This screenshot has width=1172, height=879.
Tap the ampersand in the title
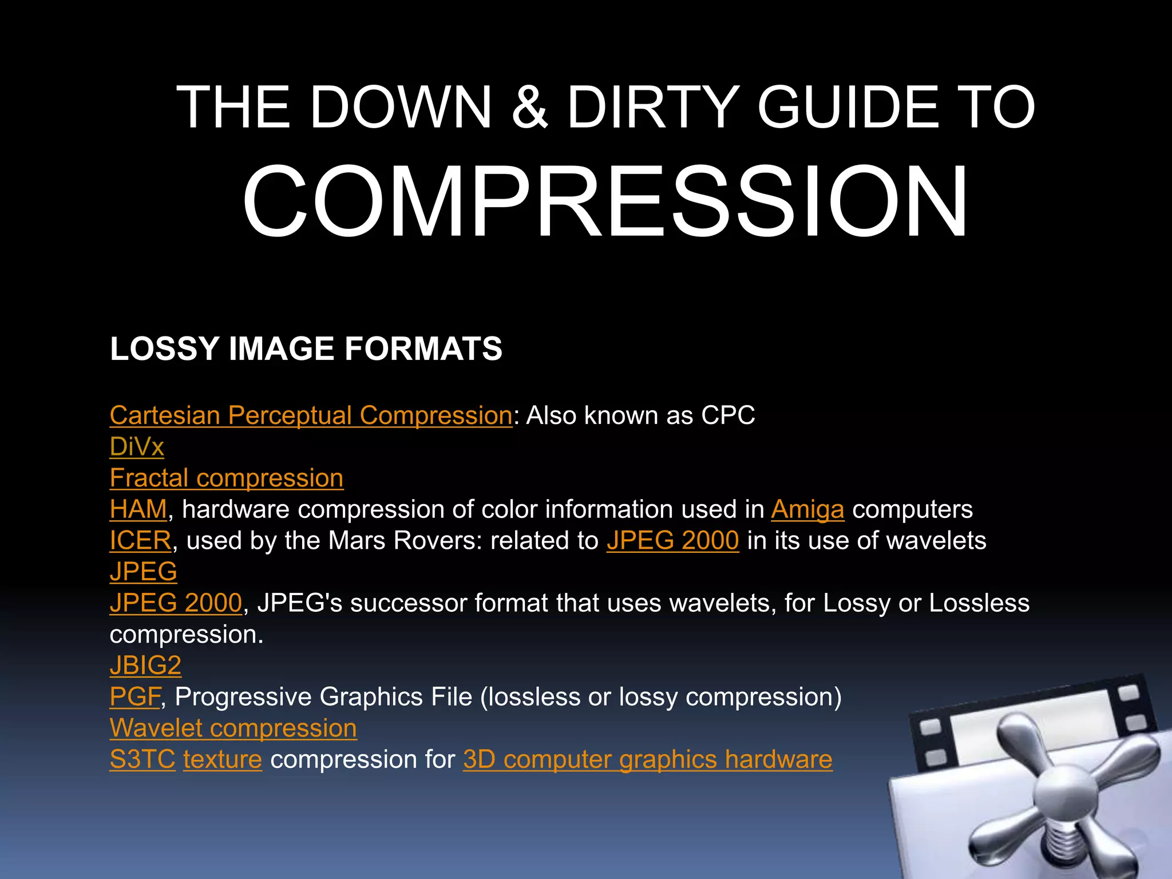[529, 107]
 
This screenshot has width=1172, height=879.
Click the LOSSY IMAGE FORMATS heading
[306, 349]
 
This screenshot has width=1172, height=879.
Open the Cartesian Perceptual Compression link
[311, 415]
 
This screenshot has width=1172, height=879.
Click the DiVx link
[137, 447]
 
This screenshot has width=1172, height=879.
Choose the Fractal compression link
[227, 478]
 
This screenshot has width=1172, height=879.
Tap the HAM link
[138, 509]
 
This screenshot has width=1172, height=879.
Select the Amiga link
[807, 509]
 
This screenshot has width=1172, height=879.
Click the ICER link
[140, 541]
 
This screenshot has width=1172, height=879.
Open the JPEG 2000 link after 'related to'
[673, 541]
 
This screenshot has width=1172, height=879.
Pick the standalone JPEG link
[143, 572]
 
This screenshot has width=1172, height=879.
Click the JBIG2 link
[145, 666]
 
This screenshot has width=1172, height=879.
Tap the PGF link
[135, 697]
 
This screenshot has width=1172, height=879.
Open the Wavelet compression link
[233, 728]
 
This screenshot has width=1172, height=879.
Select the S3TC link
[142, 759]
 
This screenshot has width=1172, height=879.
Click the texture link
[223, 759]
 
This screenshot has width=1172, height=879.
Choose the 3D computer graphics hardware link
[648, 759]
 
